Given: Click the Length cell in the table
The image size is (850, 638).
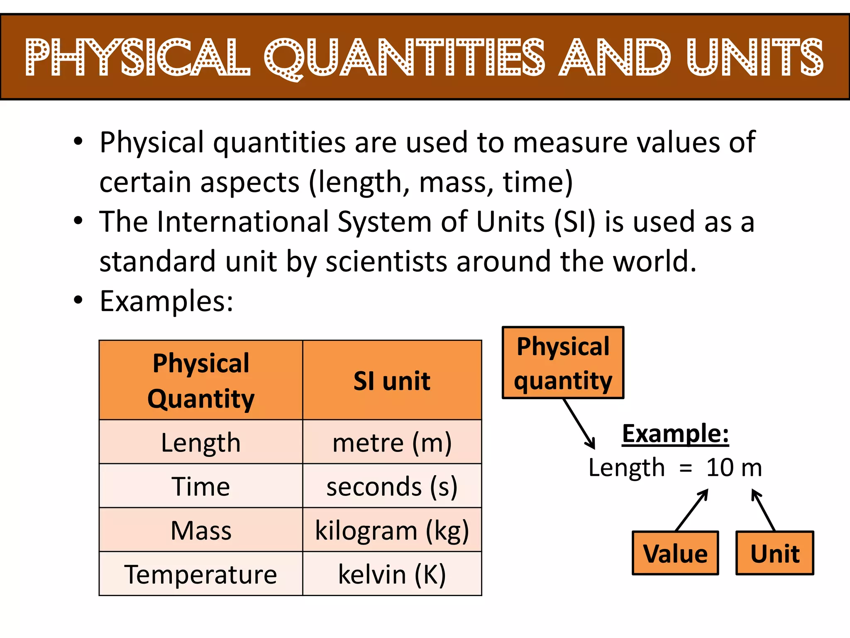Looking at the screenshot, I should click(x=201, y=442).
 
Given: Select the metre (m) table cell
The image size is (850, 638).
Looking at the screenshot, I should click(x=392, y=442).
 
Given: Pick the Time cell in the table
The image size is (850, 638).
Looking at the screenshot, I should click(x=201, y=486).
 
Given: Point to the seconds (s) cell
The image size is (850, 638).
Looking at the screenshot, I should click(x=392, y=486).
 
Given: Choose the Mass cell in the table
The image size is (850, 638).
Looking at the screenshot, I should click(x=201, y=530).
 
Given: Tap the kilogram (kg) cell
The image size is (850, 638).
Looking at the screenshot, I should click(x=392, y=530).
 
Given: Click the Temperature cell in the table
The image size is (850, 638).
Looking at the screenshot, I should click(x=201, y=574).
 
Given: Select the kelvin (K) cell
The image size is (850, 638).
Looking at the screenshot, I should click(x=392, y=574).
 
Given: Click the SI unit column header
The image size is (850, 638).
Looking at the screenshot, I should click(x=392, y=380).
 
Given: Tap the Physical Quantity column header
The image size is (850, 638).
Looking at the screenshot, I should click(x=201, y=380).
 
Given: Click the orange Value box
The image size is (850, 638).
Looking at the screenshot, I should click(x=675, y=553).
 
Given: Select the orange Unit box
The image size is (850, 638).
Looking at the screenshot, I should click(x=775, y=553).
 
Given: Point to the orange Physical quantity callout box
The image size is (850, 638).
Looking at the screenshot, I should click(x=563, y=363).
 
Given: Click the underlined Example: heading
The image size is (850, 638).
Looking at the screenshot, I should click(x=675, y=434).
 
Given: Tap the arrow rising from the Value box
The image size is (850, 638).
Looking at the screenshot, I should click(x=692, y=510).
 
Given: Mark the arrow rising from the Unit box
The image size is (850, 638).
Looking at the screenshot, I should click(x=764, y=510).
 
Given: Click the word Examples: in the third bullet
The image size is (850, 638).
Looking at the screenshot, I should click(x=166, y=301).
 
